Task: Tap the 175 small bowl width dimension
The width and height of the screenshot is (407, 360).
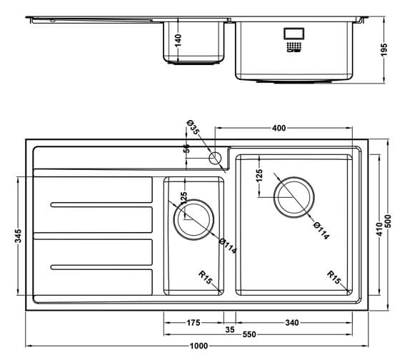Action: pyautogui.click(x=194, y=323)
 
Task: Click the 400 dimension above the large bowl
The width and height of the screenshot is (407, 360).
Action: pyautogui.click(x=279, y=129)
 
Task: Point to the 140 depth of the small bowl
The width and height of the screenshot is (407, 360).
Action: pyautogui.click(x=179, y=39)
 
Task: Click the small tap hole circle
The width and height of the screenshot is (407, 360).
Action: pyautogui.click(x=214, y=158)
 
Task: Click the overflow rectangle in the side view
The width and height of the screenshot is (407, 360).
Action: pyautogui.click(x=293, y=34)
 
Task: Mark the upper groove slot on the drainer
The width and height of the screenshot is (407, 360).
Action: pyautogui.click(x=101, y=206)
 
